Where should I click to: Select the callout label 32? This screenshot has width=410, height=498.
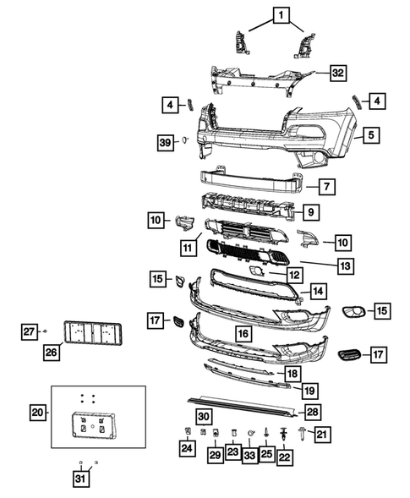pyautogui.click(x=336, y=73)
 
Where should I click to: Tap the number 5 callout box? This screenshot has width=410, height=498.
pyautogui.click(x=371, y=134)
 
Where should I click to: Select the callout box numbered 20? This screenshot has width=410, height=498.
pyautogui.click(x=37, y=413)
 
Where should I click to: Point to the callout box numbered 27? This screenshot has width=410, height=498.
pyautogui.click(x=30, y=331)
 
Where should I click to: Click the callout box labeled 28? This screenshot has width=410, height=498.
pyautogui.click(x=312, y=412)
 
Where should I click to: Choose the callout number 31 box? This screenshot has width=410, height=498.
pyautogui.click(x=80, y=480)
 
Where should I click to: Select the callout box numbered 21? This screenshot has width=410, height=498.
pyautogui.click(x=321, y=434)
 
